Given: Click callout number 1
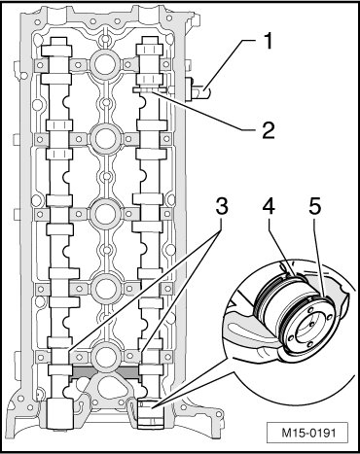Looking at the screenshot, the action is pos(268,41).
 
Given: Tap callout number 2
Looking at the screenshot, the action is pos(269,130).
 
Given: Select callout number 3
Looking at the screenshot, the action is pos(222,207).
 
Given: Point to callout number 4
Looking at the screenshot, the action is pos(269,207).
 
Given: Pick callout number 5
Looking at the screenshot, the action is pos(314,207).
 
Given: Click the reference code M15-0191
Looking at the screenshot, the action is pos(308,433).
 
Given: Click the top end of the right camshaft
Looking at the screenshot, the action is pos(149,40).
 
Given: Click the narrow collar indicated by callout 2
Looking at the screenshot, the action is pos(150,89).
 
